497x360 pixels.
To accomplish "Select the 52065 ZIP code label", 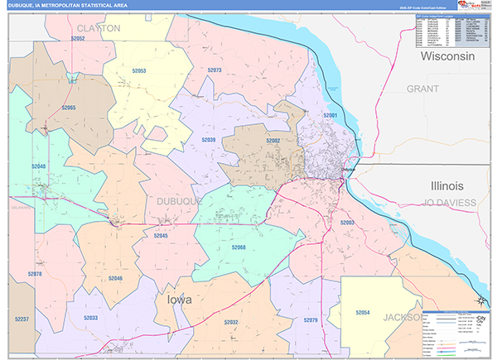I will click(68, 108).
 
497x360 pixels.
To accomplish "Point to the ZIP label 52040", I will click(39, 166).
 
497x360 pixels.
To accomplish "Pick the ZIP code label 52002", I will click(273, 142).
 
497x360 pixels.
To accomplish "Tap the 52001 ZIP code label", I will click(331, 115).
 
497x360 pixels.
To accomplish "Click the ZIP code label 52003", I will click(347, 223).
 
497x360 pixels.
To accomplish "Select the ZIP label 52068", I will click(239, 247).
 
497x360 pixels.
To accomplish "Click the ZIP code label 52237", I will click(22, 319).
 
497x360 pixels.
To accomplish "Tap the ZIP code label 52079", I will click(311, 320).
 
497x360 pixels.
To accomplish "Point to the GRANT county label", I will click(422, 88).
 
